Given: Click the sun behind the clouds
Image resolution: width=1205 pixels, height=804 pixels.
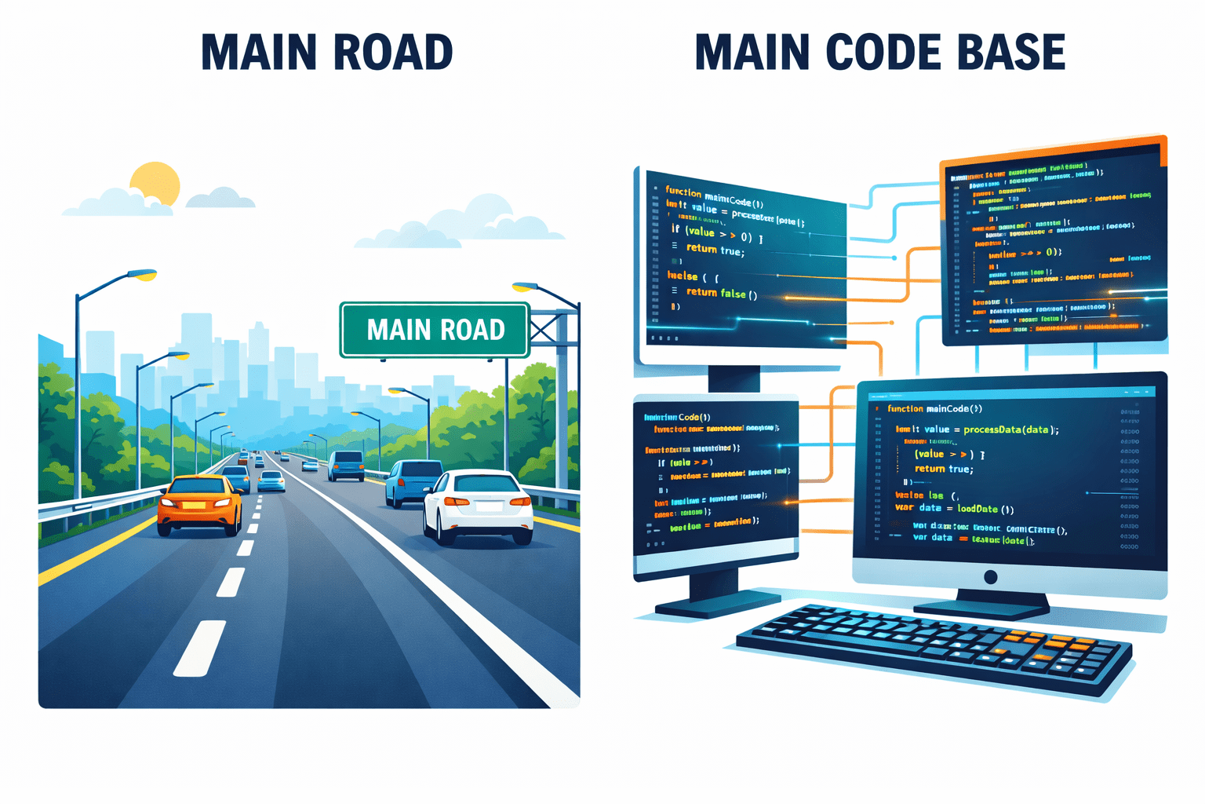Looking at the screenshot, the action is pos(155,182).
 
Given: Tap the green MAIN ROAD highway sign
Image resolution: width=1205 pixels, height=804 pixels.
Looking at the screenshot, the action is pos(435,330).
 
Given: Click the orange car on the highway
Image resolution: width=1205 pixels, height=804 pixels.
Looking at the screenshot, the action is pos(200,505).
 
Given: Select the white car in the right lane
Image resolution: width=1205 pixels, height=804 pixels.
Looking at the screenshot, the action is pos(478,506).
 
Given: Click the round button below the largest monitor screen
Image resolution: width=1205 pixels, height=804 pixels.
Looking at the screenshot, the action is pos(990,577).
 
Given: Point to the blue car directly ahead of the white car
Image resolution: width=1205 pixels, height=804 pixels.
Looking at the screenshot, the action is pos(413,481).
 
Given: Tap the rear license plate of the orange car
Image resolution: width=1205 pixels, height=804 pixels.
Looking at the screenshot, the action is pos(194,505).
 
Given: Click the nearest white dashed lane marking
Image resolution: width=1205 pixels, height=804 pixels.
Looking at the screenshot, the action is pos(200,648).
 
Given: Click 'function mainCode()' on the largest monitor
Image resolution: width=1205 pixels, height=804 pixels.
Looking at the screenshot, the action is pos(934,409).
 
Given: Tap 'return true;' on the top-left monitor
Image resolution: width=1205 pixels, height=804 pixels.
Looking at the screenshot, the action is pos(715,250).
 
